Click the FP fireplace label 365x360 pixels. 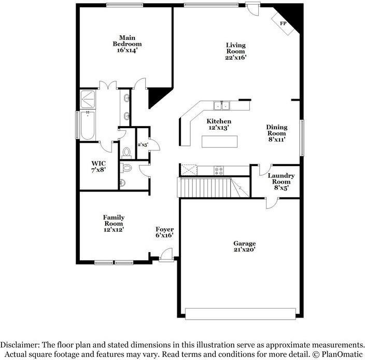(283, 24)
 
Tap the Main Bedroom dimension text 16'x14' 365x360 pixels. (127, 50)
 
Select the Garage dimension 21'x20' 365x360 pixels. (244, 250)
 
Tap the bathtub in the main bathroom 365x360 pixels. (87, 125)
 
